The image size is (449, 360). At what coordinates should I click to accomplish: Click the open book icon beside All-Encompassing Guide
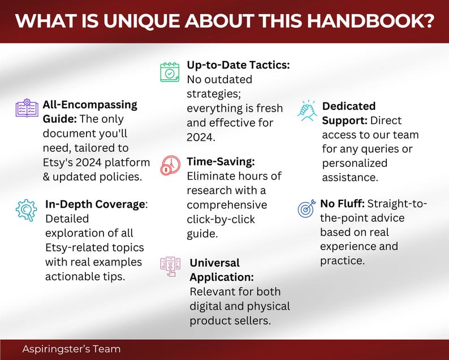click(26, 108)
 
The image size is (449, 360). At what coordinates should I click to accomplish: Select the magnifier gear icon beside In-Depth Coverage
click(26, 210)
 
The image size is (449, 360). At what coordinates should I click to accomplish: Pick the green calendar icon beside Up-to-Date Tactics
click(170, 71)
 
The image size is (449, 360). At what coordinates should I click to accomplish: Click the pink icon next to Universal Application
click(170, 267)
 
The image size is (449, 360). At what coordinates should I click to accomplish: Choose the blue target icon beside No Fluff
click(306, 209)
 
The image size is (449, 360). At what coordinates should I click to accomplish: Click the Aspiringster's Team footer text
click(71, 349)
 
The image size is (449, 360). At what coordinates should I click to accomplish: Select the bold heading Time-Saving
click(221, 161)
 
